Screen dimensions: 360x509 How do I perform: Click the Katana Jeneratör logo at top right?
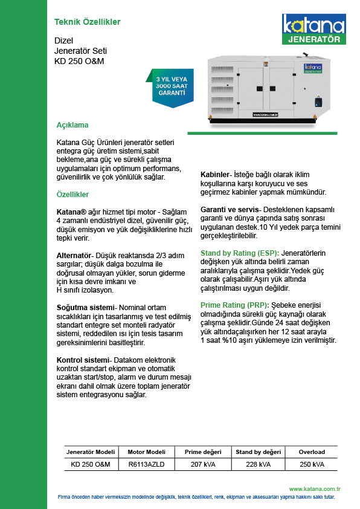[314, 29]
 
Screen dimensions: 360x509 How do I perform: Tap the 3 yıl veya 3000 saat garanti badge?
[171, 88]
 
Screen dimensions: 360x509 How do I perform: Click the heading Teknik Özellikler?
[87, 22]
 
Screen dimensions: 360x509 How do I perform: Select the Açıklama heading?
[72, 125]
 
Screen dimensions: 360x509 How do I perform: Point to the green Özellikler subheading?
[72, 195]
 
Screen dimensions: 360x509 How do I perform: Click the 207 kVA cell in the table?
[203, 464]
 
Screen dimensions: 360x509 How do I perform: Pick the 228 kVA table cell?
[258, 464]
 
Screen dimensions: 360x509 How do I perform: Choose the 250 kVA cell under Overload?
[312, 464]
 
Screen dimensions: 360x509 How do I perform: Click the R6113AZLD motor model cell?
[146, 464]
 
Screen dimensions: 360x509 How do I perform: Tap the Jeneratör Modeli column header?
[91, 452]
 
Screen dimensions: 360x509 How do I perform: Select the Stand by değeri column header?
[258, 452]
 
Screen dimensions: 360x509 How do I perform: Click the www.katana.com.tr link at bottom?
[315, 489]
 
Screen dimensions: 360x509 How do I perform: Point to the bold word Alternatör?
[74, 256]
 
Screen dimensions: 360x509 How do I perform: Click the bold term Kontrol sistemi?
[83, 360]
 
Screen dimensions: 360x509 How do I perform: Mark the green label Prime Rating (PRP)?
[235, 305]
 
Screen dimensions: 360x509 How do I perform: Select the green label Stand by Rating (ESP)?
[240, 253]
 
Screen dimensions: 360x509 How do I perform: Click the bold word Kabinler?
[214, 175]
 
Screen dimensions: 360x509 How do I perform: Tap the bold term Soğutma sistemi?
[86, 308]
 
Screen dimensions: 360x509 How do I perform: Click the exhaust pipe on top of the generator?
[305, 54]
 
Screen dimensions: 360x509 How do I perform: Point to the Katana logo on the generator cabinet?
[313, 68]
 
